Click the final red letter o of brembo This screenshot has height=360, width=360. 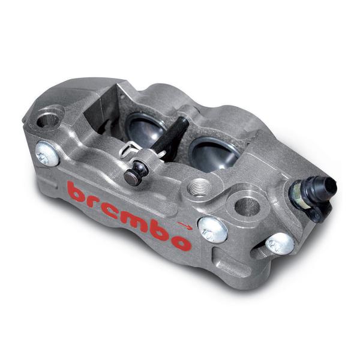point(181,241)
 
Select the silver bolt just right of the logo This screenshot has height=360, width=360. point(211,229)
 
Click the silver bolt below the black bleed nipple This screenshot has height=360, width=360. point(278,243)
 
